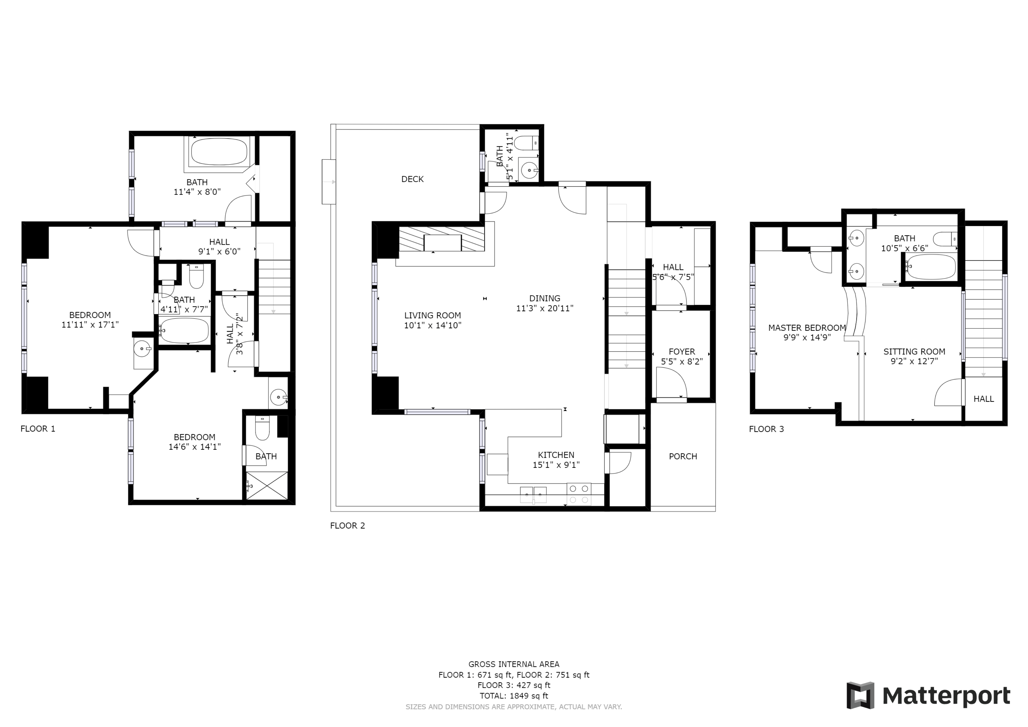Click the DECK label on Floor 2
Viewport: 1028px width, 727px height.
pos(412,179)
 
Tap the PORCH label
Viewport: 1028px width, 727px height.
pos(683,456)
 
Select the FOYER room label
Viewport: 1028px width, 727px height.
pos(682,351)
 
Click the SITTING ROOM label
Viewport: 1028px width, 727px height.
pos(914,351)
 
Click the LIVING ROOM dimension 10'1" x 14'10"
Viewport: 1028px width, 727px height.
pos(432,325)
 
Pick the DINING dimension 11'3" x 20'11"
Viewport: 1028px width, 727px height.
pos(544,308)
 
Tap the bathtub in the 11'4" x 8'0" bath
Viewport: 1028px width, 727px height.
pos(219,152)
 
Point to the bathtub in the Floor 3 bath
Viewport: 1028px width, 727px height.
pos(930,267)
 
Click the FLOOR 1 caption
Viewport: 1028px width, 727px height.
pos(38,429)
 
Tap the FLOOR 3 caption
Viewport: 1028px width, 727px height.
pos(766,429)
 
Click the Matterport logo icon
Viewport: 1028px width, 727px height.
pos(860,695)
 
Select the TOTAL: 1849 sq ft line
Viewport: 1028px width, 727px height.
pos(514,696)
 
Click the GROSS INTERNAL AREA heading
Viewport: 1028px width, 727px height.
pos(514,664)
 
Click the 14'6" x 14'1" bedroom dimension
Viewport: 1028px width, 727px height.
pos(195,447)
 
